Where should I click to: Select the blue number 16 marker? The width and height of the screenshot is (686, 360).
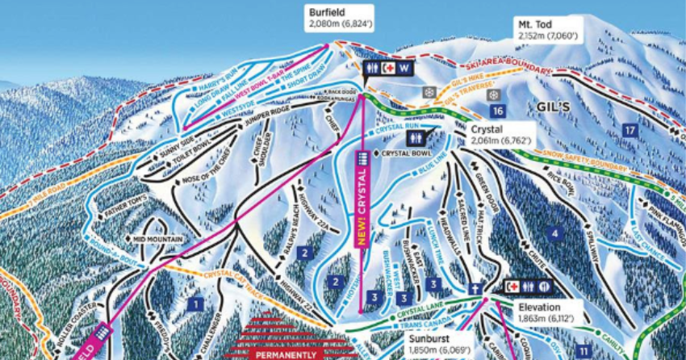click(x=498, y=111)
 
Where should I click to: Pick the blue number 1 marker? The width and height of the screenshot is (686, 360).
click(x=194, y=303)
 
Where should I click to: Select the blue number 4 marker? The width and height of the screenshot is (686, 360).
click(x=554, y=234)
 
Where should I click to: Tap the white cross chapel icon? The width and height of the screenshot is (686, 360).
click(x=479, y=288)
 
